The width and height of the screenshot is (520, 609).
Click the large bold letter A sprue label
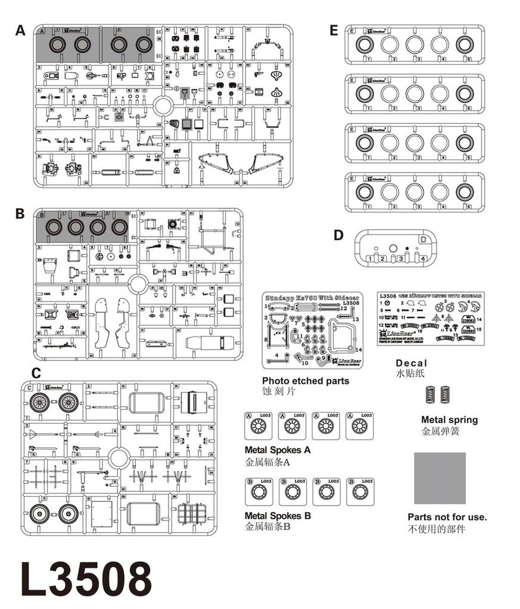[x=21, y=31]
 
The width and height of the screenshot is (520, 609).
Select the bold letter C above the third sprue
[x=36, y=373]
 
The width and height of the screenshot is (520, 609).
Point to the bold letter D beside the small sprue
[x=338, y=235]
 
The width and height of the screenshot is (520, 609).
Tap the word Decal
[x=412, y=363]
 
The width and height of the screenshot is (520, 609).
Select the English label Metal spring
[x=449, y=420]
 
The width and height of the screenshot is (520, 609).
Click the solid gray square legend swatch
[x=440, y=478]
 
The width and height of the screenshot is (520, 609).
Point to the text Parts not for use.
[x=447, y=517]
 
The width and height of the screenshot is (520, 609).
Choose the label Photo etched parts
[x=306, y=381]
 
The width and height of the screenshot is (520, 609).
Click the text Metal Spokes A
[x=277, y=450]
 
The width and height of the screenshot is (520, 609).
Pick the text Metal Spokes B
[x=278, y=516]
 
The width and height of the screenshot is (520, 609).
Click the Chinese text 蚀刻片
[x=279, y=392]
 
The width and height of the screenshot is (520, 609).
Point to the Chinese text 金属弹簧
[x=440, y=432]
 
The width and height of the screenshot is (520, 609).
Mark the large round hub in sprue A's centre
[x=163, y=107]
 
